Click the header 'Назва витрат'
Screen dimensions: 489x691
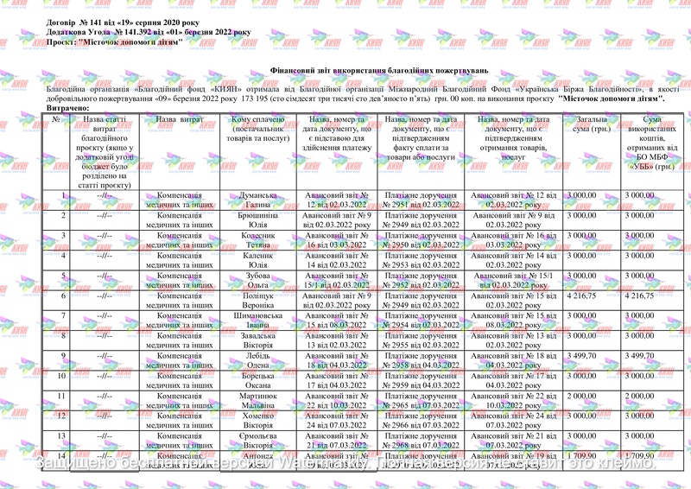click(x=180, y=120)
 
